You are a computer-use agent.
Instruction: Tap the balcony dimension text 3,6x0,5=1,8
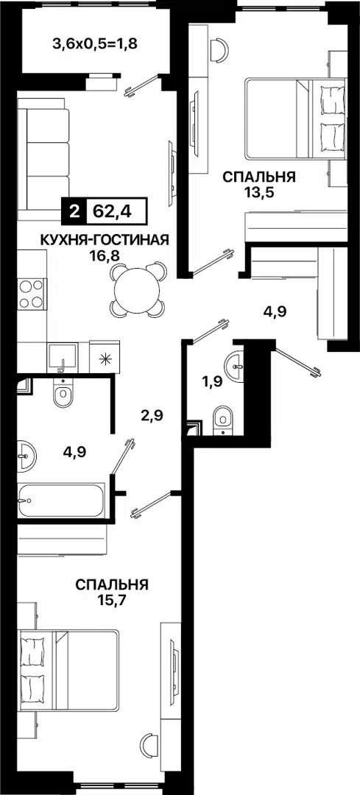click(x=95, y=43)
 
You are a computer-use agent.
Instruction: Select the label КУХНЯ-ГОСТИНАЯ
click(x=104, y=239)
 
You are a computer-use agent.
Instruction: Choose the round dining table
click(x=137, y=289)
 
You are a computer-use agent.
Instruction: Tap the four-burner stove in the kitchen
click(x=31, y=294)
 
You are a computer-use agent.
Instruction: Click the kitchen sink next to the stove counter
click(x=63, y=358)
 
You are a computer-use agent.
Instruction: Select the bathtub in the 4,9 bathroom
click(x=61, y=501)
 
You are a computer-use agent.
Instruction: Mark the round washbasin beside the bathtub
click(x=27, y=456)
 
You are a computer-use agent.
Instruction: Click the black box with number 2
click(x=74, y=211)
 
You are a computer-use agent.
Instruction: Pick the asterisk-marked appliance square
click(x=105, y=358)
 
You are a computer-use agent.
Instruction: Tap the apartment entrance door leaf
click(x=298, y=361)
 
